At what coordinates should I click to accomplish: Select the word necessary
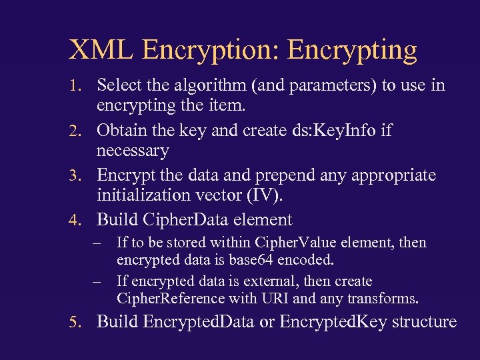pyautogui.click(x=133, y=151)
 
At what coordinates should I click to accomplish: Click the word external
pyautogui.click(x=256, y=281)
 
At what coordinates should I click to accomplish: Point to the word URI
pyautogui.click(x=271, y=298)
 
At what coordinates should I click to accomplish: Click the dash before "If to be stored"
pyautogui.click(x=98, y=243)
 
